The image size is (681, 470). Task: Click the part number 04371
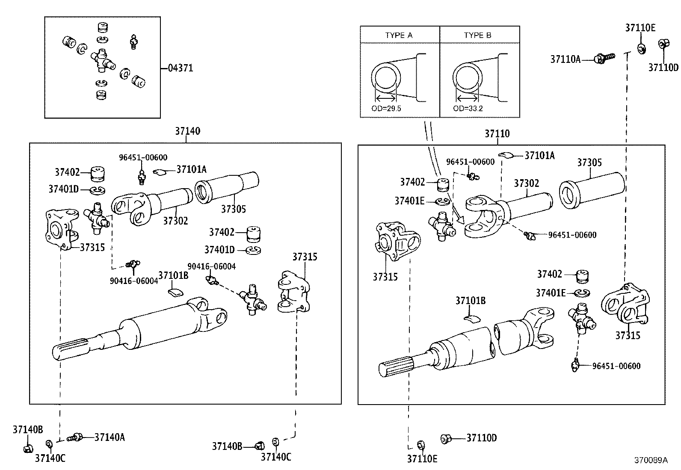point(180,68)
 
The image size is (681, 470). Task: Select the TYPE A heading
point(399,35)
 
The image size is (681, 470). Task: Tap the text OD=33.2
point(468,109)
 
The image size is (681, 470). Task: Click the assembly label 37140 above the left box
point(187,131)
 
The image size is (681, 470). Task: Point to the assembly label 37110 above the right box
point(497,134)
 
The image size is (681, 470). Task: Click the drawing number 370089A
point(651,461)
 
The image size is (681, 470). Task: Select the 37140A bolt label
point(110,437)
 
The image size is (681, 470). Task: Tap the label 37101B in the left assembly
point(173,275)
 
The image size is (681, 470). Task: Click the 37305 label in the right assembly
point(589,163)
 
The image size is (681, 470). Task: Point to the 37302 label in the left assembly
point(175,221)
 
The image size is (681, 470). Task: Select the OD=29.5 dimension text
point(386,109)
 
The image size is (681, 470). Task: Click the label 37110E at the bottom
point(422,459)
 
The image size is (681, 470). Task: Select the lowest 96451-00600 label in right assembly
point(616,366)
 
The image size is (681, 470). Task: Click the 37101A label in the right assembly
point(539,155)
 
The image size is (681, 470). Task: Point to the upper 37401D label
point(63,189)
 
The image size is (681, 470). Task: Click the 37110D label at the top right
point(663,68)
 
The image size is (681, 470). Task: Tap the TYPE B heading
point(477,35)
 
